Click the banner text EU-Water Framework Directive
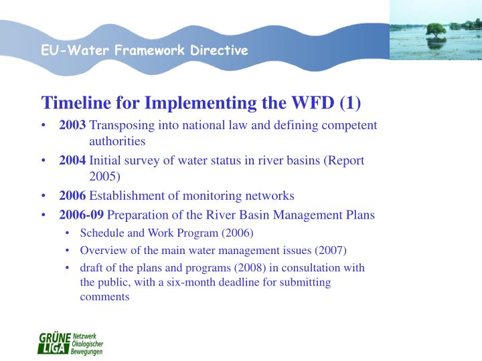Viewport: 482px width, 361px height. point(145,51)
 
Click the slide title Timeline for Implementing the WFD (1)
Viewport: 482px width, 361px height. point(201,103)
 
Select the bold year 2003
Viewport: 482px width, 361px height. point(72,125)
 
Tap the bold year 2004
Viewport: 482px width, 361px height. point(72,160)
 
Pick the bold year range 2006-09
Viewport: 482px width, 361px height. point(81,215)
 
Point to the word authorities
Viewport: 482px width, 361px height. point(117,142)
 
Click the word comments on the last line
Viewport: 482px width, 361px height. point(104,296)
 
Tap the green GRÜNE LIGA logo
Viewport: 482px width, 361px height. point(70,343)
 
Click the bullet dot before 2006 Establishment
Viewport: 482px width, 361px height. point(44,197)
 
